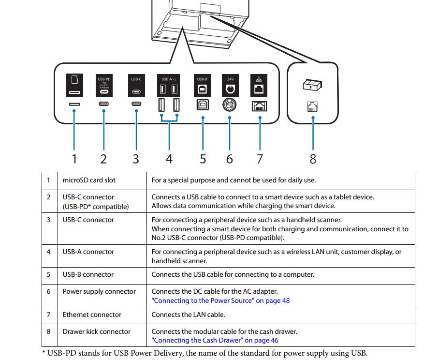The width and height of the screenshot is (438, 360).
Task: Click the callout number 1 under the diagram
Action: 74,158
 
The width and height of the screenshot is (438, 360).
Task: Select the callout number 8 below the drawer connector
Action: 313,158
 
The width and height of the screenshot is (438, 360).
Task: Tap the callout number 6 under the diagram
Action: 230,158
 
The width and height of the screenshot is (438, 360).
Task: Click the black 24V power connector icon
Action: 230,85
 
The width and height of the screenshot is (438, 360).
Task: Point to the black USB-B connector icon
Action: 203,85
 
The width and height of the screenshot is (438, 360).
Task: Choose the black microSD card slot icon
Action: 74,85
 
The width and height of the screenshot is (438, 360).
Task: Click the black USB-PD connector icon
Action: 104,85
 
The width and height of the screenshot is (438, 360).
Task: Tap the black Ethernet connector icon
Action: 260,85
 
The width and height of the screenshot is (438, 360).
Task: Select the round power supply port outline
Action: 230,105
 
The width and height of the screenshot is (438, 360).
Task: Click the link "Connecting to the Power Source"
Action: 220,300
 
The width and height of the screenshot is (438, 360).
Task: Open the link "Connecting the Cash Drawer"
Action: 215,340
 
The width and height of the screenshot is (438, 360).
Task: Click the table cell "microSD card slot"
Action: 89,180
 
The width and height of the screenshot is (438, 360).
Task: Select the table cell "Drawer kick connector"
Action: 96,331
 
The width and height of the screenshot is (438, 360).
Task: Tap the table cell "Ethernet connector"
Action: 91,315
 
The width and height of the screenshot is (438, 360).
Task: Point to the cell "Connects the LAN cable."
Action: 188,315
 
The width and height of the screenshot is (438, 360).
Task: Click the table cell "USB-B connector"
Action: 88,274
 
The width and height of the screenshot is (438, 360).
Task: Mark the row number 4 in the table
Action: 49,252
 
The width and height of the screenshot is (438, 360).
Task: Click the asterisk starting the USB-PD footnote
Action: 44,352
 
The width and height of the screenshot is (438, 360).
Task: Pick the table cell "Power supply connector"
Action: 99,291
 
